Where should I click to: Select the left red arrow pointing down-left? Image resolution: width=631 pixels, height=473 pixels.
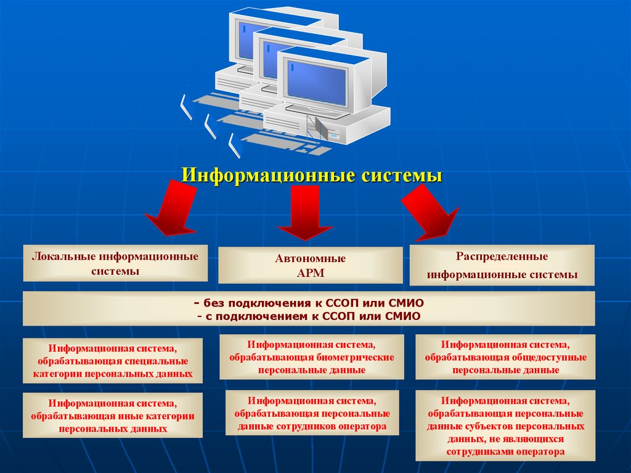click(173, 210)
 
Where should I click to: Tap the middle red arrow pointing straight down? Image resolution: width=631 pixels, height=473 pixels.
click(304, 213)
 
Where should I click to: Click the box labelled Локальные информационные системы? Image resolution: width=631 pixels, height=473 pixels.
click(115, 263)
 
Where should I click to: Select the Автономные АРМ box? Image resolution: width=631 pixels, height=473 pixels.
click(310, 266)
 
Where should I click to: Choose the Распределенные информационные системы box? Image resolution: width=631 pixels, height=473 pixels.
click(502, 265)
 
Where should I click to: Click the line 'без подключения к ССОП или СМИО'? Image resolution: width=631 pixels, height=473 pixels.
click(308, 304)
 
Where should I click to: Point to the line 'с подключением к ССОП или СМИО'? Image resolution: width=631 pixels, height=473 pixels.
click(308, 316)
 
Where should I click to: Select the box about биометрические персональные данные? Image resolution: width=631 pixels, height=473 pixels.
click(312, 357)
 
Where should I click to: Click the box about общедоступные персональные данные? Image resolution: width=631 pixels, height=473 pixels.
click(505, 357)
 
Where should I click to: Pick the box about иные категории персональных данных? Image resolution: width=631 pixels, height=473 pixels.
click(113, 416)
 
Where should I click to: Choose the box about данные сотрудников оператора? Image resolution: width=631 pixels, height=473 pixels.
click(312, 413)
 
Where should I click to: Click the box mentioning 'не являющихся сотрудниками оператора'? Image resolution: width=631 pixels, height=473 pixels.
click(505, 426)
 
